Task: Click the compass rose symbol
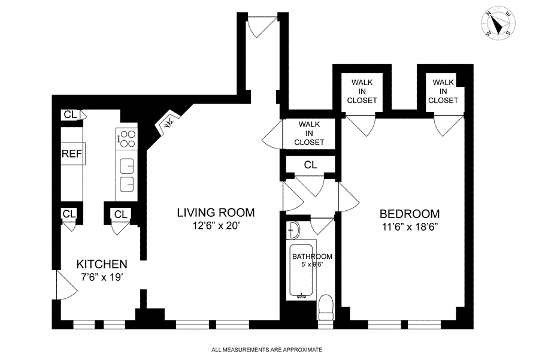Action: (498, 24)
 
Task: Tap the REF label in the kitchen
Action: (71, 155)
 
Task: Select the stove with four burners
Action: (126, 138)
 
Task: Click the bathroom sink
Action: (293, 230)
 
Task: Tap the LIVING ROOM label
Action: (216, 213)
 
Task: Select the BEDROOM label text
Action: (410, 214)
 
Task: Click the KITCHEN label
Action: (101, 264)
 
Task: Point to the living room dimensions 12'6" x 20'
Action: (216, 226)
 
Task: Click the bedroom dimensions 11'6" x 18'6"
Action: (410, 228)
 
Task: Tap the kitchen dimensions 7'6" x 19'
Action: (101, 277)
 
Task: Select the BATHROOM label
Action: (312, 256)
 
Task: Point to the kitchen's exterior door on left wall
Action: (65, 286)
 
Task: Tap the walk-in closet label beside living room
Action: (310, 133)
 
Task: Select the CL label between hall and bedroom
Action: (310, 164)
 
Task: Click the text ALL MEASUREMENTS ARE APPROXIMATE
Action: (267, 349)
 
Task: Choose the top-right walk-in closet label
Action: (443, 91)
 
